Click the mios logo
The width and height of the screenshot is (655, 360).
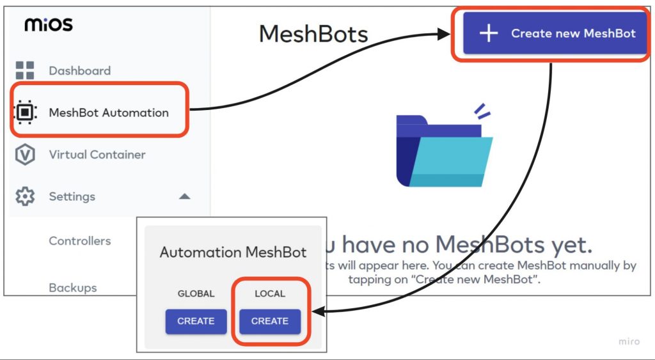click(x=48, y=25)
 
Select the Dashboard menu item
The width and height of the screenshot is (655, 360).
click(x=79, y=70)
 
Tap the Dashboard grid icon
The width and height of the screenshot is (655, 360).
click(x=25, y=70)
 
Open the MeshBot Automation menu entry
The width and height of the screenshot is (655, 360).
click(x=109, y=113)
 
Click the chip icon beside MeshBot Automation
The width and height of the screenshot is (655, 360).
click(x=25, y=113)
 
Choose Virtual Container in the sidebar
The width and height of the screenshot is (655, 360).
click(x=97, y=154)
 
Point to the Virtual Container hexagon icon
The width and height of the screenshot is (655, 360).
click(x=25, y=155)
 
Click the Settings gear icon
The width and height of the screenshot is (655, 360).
click(x=25, y=196)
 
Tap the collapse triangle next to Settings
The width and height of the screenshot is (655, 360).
click(x=184, y=196)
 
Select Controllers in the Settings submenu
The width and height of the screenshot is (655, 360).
click(x=79, y=240)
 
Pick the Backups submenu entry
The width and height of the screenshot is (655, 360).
click(x=73, y=287)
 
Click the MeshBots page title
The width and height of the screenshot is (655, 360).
click(x=313, y=34)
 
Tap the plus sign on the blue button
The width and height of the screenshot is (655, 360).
click(x=489, y=34)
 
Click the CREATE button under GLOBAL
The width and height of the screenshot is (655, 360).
click(x=196, y=321)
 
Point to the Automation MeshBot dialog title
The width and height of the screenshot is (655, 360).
click(x=233, y=252)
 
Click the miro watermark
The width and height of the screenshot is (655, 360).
click(x=629, y=341)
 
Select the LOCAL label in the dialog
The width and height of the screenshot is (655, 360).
click(x=269, y=293)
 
